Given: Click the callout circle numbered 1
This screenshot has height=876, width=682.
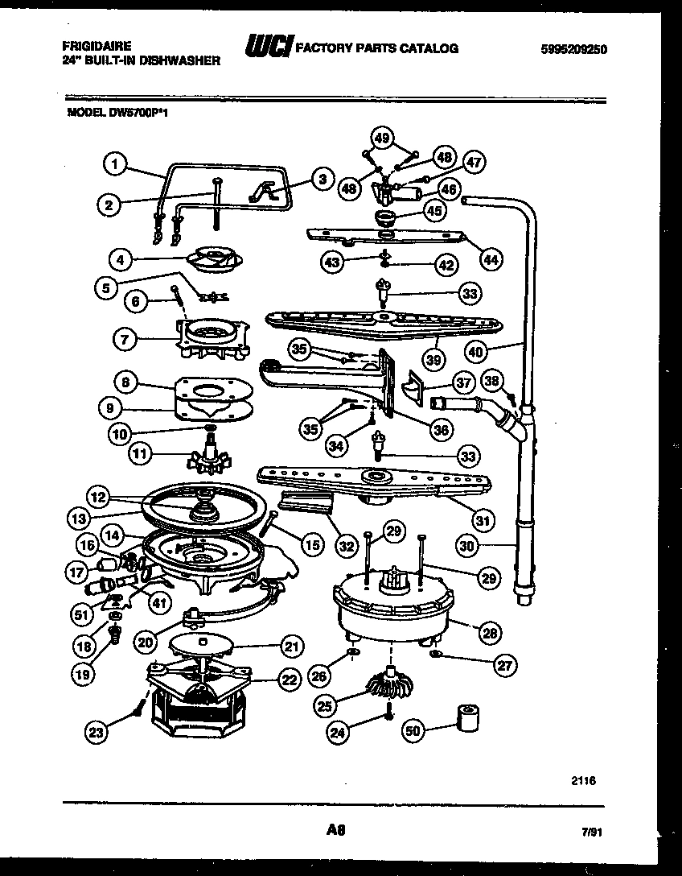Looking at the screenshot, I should [x=115, y=164].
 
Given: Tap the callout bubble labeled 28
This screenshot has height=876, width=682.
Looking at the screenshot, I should [x=488, y=634].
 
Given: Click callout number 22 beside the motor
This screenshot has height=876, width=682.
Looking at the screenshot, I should [x=287, y=680].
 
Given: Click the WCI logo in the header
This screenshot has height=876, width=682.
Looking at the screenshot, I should [x=269, y=48].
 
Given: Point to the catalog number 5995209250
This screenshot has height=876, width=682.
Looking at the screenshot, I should [x=573, y=49].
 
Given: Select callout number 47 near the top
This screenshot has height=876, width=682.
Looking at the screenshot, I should [x=475, y=162].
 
